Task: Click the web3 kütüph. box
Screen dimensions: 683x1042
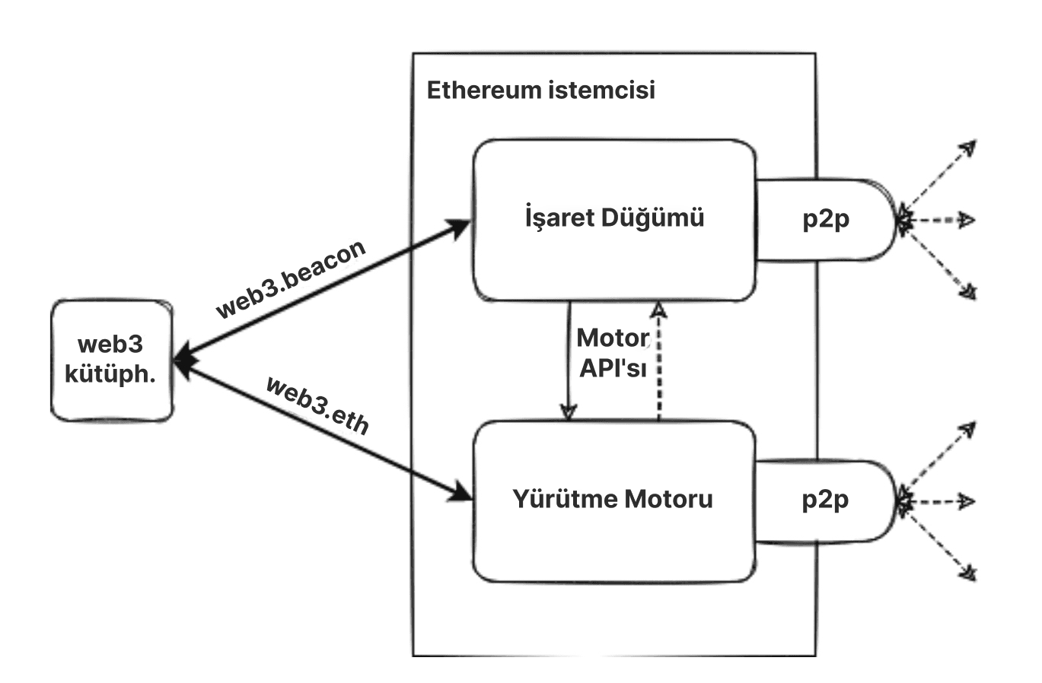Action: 112,361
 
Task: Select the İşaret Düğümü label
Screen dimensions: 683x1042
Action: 614,218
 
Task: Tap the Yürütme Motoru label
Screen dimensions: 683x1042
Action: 613,499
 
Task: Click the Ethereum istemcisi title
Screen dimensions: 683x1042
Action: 540,90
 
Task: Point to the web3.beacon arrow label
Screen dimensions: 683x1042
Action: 292,279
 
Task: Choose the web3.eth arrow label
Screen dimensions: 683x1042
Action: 317,405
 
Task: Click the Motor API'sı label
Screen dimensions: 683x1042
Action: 613,352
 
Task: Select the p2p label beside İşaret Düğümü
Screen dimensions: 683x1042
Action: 826,219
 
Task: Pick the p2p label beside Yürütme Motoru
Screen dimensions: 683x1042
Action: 826,500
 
